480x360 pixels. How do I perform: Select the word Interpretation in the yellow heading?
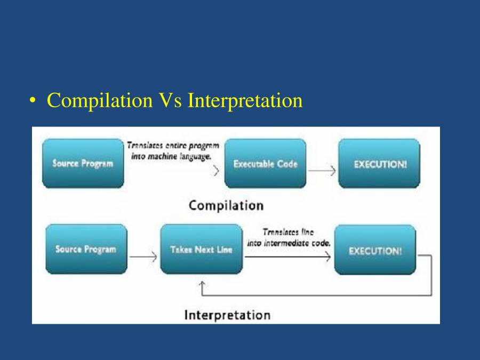[245, 100]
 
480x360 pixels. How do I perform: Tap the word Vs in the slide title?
[170, 100]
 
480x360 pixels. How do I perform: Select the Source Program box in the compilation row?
[83, 163]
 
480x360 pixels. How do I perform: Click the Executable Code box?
[265, 163]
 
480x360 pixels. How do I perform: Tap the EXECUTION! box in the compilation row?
[379, 163]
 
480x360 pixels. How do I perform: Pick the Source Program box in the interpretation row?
[86, 249]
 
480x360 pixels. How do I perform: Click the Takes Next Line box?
[201, 249]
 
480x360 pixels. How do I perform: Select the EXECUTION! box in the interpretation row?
[375, 250]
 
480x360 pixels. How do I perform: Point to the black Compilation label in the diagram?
[226, 205]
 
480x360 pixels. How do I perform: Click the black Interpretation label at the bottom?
[227, 315]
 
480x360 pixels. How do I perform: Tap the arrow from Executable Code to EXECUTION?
[322, 171]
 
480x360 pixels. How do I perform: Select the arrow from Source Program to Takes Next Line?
[143, 257]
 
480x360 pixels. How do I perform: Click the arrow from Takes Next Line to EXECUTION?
[288, 257]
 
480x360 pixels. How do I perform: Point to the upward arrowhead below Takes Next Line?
[202, 285]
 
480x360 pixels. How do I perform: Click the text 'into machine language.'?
[171, 156]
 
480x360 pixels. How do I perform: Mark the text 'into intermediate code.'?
[289, 243]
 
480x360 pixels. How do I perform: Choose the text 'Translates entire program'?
[173, 145]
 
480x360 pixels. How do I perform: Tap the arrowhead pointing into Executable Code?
[217, 171]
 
